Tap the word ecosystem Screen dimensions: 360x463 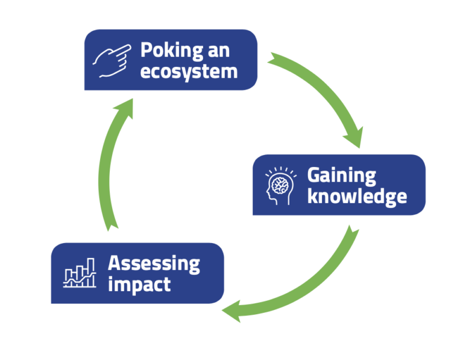point(189,72)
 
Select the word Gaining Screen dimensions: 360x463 point(341,175)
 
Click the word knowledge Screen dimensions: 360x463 point(356,197)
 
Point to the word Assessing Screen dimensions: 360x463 point(154,264)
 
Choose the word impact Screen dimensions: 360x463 point(139,285)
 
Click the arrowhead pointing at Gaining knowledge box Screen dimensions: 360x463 point(352,136)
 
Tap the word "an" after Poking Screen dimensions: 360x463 point(219,50)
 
